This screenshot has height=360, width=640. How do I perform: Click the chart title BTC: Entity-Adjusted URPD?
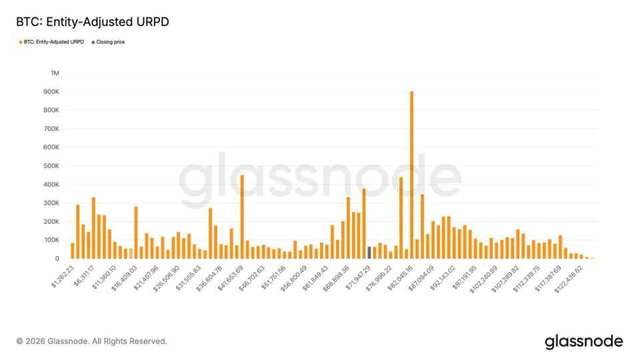point(93,22)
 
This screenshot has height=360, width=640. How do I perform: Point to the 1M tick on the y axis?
point(55,73)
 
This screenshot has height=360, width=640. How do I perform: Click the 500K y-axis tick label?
point(53,166)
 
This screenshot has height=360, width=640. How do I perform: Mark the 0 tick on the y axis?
point(57,259)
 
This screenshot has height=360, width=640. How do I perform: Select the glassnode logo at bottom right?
point(583,341)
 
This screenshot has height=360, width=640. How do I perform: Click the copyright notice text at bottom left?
point(91,341)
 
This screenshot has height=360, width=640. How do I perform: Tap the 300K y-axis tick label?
point(53,203)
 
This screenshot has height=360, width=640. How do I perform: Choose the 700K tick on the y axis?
point(53,129)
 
